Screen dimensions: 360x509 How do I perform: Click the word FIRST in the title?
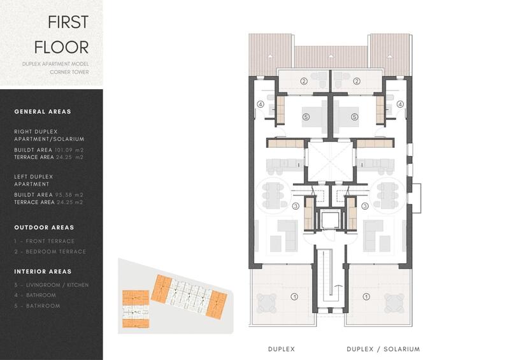point(68,22)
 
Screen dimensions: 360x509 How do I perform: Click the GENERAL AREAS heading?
point(43,112)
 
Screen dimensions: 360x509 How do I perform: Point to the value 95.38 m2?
point(69,195)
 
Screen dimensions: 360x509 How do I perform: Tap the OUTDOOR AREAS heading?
point(44,227)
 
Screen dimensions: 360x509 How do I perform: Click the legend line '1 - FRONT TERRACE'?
point(44,241)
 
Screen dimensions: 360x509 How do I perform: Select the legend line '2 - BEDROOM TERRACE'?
point(50,252)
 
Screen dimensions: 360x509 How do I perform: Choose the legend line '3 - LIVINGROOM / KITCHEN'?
point(52,285)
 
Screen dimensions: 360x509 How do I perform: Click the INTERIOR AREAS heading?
point(43,271)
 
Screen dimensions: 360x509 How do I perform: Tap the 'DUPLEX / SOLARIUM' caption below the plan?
point(383,349)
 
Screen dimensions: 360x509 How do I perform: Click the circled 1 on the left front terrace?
point(294,296)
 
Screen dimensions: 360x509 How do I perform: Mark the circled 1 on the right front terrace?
point(366,296)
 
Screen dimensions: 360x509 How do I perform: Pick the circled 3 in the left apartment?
point(295,206)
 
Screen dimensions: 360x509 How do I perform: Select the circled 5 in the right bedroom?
point(355,117)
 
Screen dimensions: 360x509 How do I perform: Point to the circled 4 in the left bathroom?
point(260,104)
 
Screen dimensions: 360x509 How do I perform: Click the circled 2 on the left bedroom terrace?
point(304,81)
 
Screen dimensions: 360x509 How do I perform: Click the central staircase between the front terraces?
point(330,280)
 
